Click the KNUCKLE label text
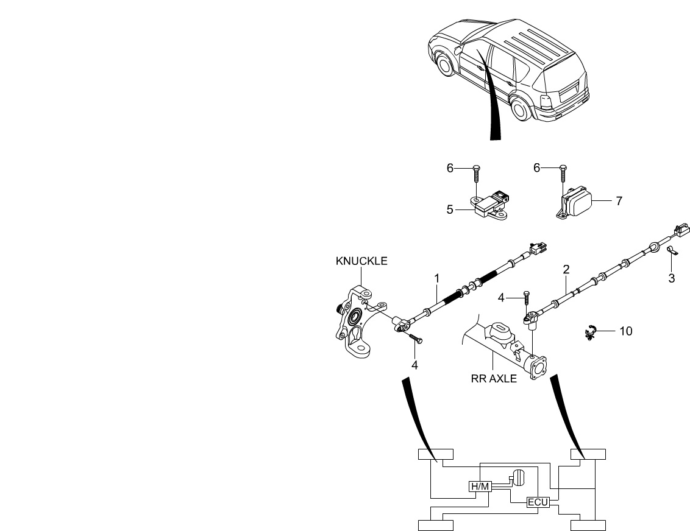[361, 261]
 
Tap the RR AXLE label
[494, 378]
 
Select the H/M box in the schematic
[479, 486]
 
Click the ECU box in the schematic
[538, 502]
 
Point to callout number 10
[625, 331]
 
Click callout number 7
[619, 200]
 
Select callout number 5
[450, 209]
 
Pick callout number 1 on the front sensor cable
[437, 278]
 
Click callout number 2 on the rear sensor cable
[566, 269]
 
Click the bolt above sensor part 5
[477, 175]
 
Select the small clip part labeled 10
[590, 332]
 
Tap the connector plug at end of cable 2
[681, 229]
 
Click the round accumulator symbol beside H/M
[517, 477]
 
